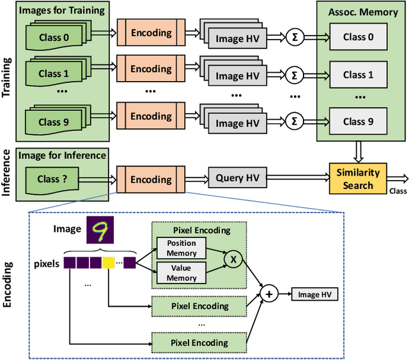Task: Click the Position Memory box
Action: [181, 247]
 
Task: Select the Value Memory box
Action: [181, 273]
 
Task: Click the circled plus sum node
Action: [270, 294]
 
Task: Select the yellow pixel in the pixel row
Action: [109, 262]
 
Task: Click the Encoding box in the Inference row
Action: [151, 179]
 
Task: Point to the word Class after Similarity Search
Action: [397, 191]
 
